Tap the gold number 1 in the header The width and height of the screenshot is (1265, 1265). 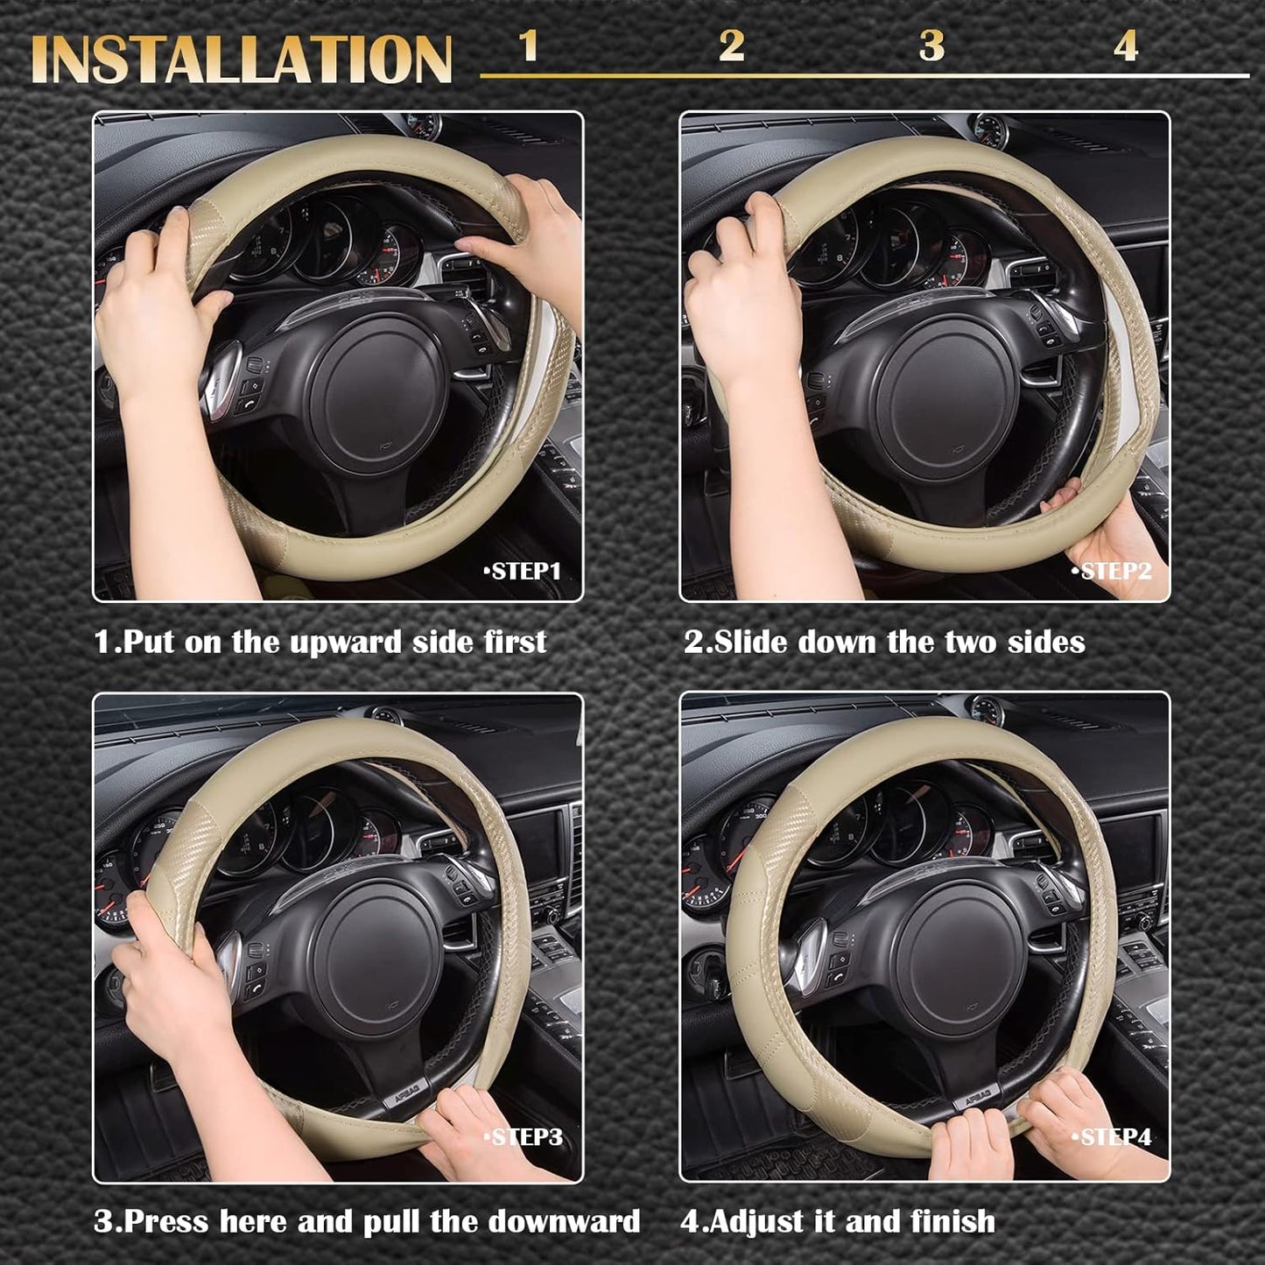point(528,46)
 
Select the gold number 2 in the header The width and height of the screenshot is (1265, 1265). point(731,46)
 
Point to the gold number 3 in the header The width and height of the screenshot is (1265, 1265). point(931,46)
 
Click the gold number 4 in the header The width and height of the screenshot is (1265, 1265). point(1126,46)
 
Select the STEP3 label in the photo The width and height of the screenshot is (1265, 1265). point(525,1137)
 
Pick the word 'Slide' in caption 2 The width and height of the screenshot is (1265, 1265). point(750,642)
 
